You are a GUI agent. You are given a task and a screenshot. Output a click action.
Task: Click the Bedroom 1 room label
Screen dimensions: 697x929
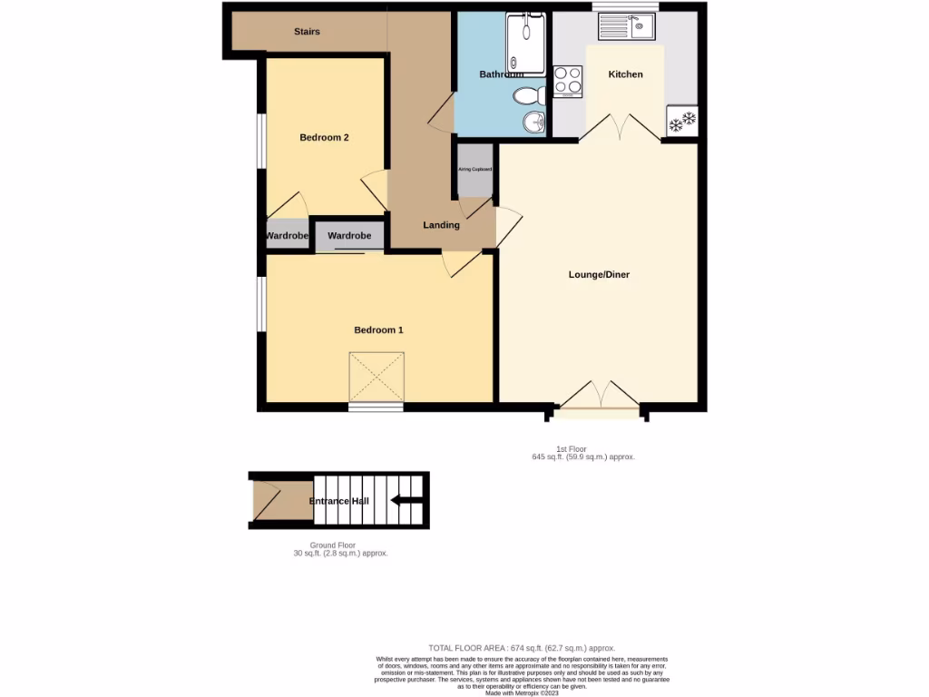point(378,330)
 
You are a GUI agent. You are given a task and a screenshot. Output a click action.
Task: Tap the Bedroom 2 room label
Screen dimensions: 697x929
point(325,138)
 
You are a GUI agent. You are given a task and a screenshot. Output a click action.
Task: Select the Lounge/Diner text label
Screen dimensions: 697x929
point(599,274)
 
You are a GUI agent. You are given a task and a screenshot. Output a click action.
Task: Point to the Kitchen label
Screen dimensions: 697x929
point(625,74)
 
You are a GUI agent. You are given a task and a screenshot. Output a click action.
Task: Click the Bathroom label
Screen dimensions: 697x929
point(501,74)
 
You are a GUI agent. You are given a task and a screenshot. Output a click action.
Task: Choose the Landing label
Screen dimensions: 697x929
point(441,225)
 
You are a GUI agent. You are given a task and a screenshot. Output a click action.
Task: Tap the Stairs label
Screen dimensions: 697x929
point(307,32)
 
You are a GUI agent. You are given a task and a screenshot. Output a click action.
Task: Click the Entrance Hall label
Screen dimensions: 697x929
point(338,501)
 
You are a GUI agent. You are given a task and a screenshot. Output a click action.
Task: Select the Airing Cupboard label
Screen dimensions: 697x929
point(475,170)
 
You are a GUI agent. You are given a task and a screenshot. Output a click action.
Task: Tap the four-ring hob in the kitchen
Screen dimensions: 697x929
point(568,82)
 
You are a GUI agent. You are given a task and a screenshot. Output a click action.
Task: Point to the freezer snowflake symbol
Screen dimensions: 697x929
point(681,121)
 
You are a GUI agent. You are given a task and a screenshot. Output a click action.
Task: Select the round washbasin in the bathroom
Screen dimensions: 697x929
point(533,123)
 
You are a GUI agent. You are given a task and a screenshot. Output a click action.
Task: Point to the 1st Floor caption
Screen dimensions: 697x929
point(572,449)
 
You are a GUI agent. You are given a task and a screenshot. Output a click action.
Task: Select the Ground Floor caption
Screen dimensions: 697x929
point(334,545)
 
